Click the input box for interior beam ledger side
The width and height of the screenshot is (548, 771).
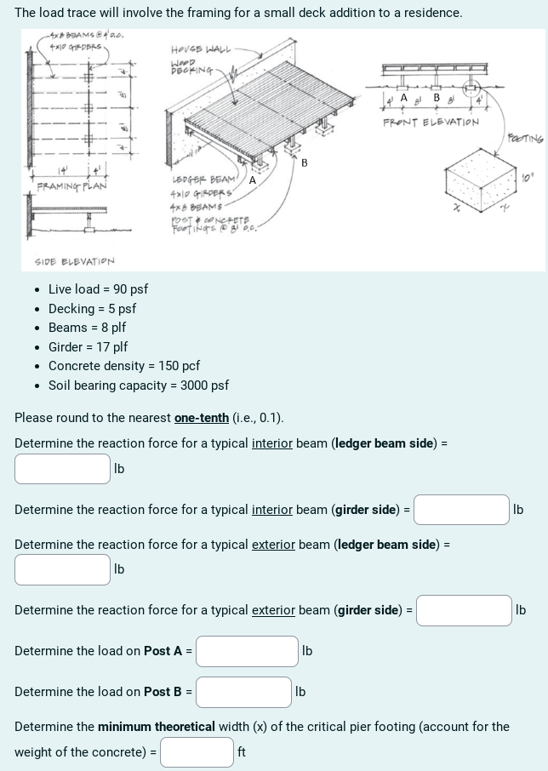(x=62, y=468)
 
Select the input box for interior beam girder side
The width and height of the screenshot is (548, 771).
(x=461, y=510)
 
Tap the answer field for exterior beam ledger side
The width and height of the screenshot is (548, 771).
(x=62, y=569)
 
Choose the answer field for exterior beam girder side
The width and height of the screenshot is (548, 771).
(x=464, y=610)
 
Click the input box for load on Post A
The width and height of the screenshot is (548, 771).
(x=247, y=651)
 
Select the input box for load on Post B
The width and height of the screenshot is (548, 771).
(x=243, y=692)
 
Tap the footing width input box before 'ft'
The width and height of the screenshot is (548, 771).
(x=197, y=752)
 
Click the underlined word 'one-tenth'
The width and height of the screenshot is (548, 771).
(x=202, y=418)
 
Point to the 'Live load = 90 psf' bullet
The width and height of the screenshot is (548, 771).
(x=98, y=289)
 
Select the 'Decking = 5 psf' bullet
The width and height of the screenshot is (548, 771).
(x=92, y=309)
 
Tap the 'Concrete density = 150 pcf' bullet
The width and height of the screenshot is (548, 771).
(x=123, y=366)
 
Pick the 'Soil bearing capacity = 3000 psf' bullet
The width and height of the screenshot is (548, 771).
(x=138, y=385)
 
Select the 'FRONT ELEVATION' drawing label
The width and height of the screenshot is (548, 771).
(x=431, y=122)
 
